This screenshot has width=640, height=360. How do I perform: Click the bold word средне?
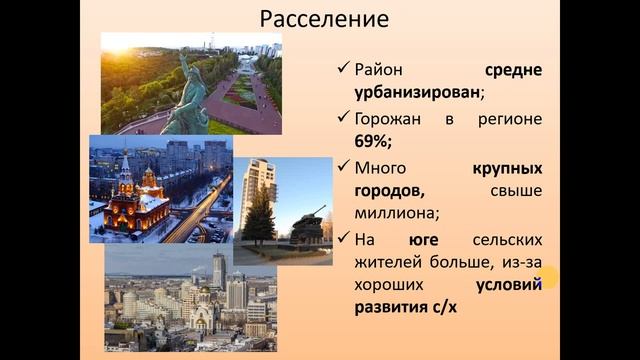click(514, 71)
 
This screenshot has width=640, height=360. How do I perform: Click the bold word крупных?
click(507, 167)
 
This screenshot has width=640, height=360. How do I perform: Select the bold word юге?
click(424, 240)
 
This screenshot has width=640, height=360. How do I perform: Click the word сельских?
click(509, 240)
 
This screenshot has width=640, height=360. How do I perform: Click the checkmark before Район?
click(343, 71)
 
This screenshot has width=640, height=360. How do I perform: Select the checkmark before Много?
click(343, 167)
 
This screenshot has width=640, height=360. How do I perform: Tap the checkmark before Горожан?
click(343, 119)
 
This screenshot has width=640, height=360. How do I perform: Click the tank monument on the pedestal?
click(307, 226)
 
